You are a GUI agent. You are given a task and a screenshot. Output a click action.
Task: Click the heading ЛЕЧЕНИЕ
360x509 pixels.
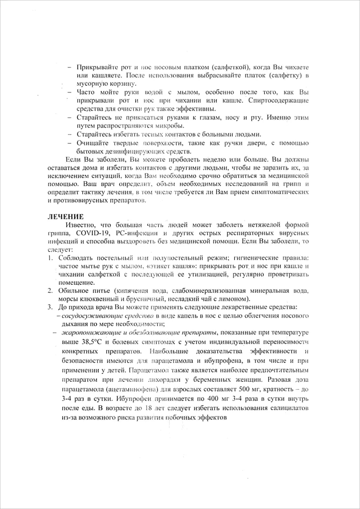65,217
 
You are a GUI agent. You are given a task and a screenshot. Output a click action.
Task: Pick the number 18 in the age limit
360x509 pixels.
136,408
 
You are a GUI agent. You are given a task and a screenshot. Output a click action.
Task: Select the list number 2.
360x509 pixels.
50,290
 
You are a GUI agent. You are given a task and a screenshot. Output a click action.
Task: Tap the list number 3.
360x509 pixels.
50,307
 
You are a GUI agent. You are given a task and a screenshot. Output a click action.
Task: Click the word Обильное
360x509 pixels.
74,290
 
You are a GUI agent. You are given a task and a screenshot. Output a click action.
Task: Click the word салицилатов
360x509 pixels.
287,408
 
